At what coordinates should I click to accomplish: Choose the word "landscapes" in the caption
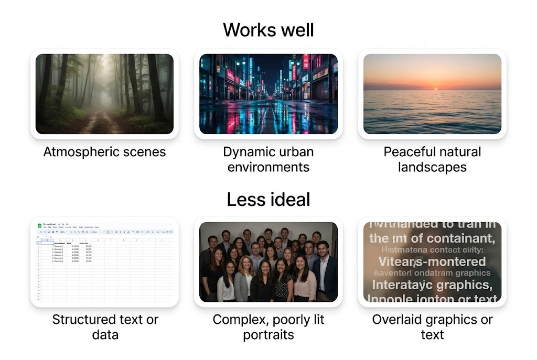point(432,168)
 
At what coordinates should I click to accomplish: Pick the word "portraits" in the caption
point(268,335)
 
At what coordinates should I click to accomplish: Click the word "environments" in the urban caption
point(268,168)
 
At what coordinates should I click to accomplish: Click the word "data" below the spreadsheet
point(104,335)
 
